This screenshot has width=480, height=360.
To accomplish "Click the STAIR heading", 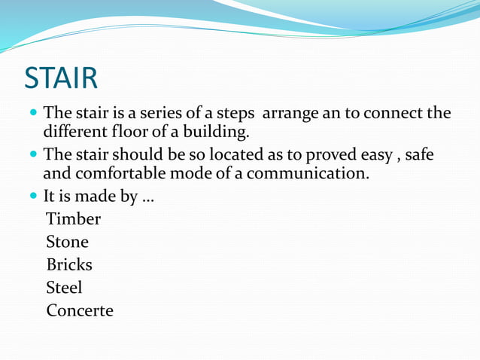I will click(x=61, y=78).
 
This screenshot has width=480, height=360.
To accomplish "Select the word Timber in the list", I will click(x=73, y=220).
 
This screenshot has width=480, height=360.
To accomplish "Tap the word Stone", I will click(x=67, y=243).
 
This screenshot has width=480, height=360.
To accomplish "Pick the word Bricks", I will click(x=69, y=265).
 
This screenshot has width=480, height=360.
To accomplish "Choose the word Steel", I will click(x=64, y=288).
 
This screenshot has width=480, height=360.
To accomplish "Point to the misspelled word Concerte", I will click(x=80, y=310).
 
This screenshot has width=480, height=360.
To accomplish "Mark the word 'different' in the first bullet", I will click(x=76, y=133).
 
